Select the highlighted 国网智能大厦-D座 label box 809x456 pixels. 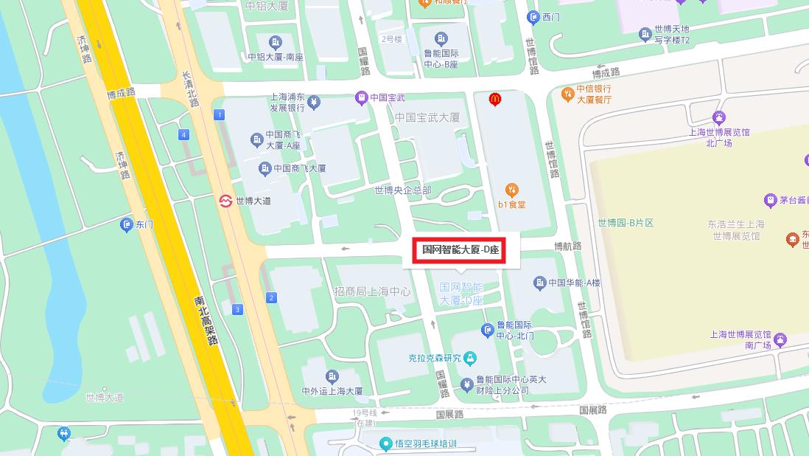click(460, 250)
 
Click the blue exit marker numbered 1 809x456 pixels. click(219, 115)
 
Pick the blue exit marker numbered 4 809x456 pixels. click(183, 134)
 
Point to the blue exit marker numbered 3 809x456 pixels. click(237, 309)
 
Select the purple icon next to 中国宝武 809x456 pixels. click(361, 97)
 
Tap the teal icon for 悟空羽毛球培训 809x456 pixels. click(385, 443)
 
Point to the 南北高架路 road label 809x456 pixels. click(206, 321)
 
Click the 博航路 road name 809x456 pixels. click(567, 246)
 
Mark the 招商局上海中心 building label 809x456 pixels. click(372, 291)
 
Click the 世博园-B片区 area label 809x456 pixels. click(626, 223)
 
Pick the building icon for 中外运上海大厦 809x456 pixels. click(332, 377)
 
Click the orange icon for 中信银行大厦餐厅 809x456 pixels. click(567, 94)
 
